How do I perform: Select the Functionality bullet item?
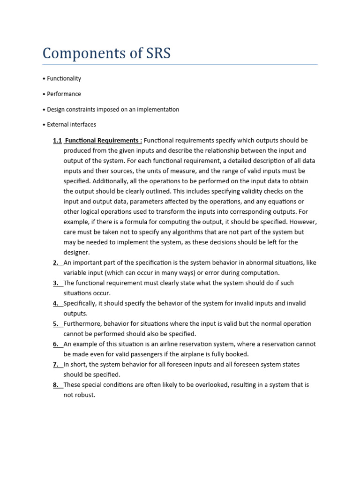(64, 78)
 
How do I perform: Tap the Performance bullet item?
(64, 94)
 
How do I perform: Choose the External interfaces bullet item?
(71, 125)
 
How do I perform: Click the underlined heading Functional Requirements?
(103, 140)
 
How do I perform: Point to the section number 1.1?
(57, 140)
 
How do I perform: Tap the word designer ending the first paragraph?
(76, 252)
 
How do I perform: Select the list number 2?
(56, 262)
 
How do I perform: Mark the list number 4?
(56, 303)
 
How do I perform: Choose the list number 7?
(56, 364)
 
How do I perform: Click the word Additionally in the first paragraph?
(111, 181)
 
